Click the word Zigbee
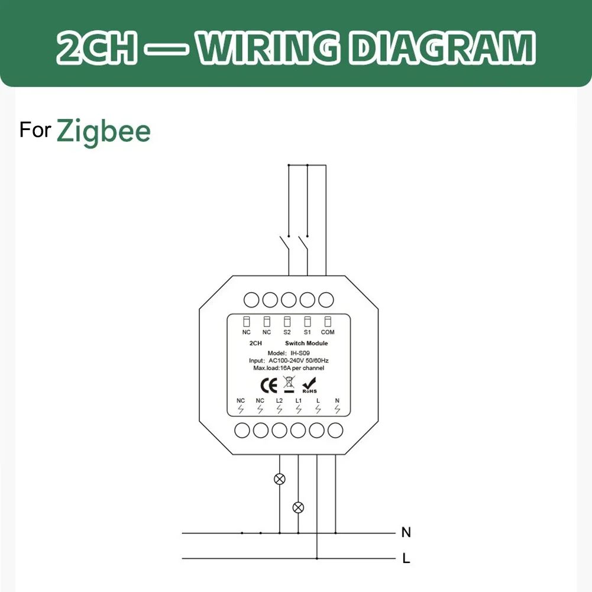103,132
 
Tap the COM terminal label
328,332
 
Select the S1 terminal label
308,332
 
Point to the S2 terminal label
287,332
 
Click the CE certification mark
269,386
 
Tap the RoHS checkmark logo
309,386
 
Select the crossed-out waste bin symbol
289,384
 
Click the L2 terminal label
279,400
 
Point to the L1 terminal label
299,400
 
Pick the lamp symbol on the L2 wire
279,479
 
